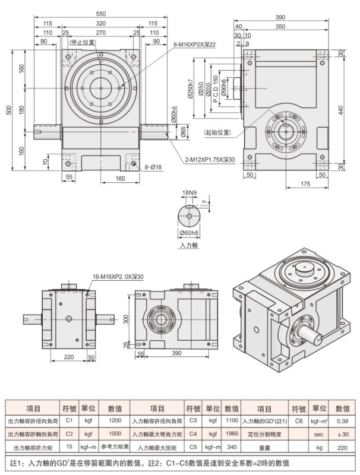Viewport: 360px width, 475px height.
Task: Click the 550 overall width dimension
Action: (x=101, y=12)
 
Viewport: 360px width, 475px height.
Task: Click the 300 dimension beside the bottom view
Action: (x=126, y=319)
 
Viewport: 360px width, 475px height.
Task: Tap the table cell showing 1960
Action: (x=232, y=433)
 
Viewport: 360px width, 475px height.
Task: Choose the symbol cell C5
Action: (x=192, y=446)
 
